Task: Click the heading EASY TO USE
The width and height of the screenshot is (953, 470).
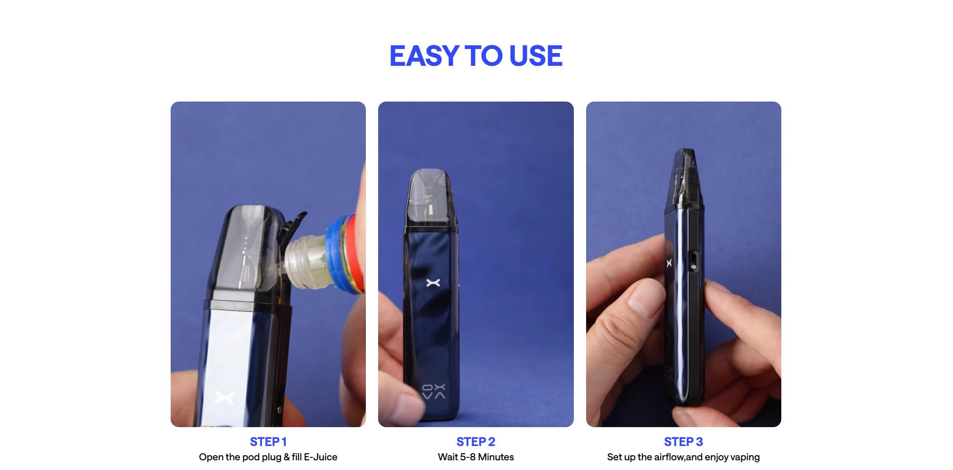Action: click(476, 56)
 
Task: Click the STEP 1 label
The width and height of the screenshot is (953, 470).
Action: click(268, 442)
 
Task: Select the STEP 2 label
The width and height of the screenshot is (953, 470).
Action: click(476, 442)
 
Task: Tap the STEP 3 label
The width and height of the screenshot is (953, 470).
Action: click(683, 442)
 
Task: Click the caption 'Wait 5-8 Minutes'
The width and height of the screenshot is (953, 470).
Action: click(476, 457)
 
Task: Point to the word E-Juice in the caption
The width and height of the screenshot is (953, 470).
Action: click(320, 457)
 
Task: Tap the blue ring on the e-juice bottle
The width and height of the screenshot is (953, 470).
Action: click(336, 255)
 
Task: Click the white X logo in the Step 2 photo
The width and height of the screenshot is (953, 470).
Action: click(433, 282)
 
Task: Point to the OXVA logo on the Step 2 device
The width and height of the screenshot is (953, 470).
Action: click(433, 391)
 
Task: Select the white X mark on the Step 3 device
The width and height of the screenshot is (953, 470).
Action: click(669, 263)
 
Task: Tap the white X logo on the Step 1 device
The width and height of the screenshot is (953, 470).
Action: click(224, 398)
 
